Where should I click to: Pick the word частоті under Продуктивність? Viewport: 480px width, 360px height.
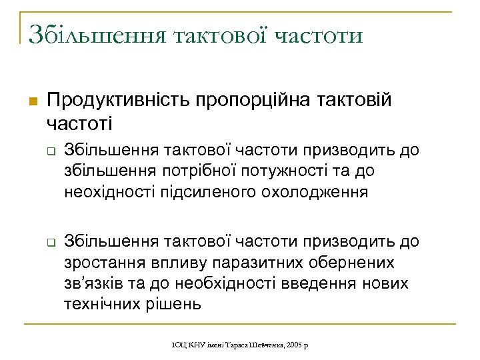(80, 123)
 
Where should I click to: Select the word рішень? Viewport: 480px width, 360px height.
(175, 305)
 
